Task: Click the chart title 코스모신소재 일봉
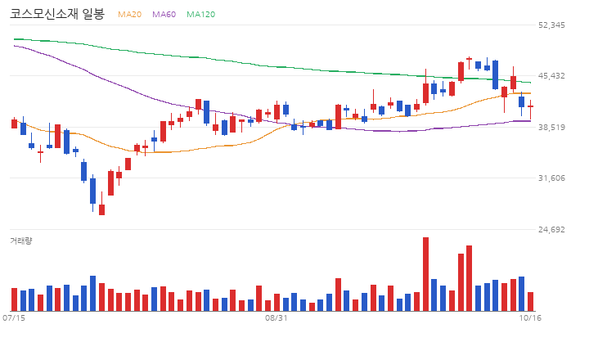pos(56,14)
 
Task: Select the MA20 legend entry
pos(129,14)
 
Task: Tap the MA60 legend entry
pos(164,14)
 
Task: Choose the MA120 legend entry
pos(201,14)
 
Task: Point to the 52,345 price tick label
pos(551,25)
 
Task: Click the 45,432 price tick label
pos(551,76)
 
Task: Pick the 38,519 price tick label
pos(551,128)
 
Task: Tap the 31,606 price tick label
pos(551,178)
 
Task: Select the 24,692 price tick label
pos(551,230)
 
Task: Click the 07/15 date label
pos(14,318)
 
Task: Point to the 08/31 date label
pos(277,318)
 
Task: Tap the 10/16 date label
pos(530,318)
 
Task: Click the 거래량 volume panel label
pos(21,241)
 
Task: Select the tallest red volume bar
pos(425,274)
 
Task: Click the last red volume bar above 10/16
pos(530,302)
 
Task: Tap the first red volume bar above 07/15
pos(14,299)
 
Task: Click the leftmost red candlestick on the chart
pos(14,124)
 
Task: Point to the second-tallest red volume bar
pos(470,278)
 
